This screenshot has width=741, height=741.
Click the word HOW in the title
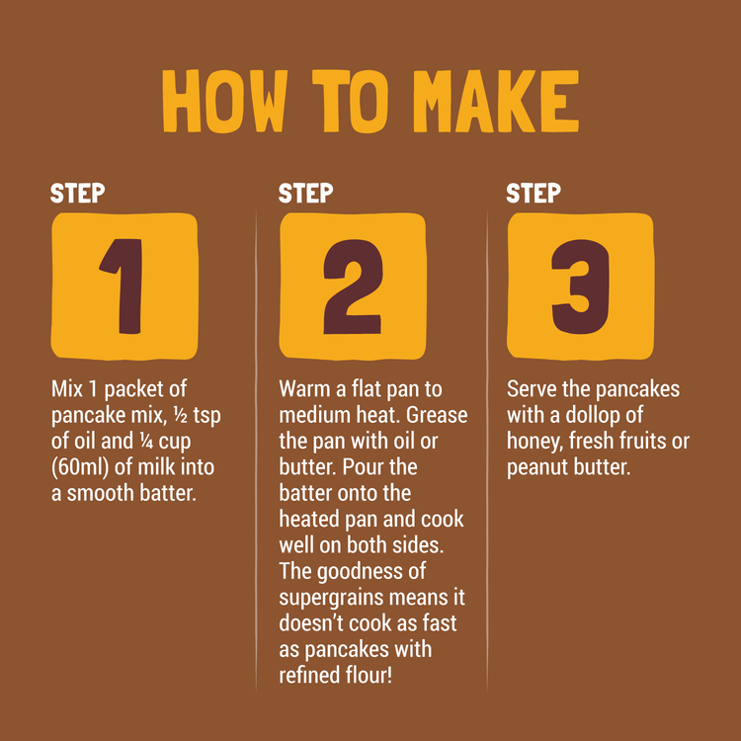pyautogui.click(x=225, y=101)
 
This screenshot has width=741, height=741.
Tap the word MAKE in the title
pyautogui.click(x=496, y=101)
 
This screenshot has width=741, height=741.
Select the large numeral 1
pyautogui.click(x=122, y=287)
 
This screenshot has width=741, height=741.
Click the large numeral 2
pyautogui.click(x=353, y=287)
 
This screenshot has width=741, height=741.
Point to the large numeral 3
pyautogui.click(x=581, y=287)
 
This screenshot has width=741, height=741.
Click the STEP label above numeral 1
pyautogui.click(x=77, y=194)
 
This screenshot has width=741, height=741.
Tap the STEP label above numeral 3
pyautogui.click(x=534, y=194)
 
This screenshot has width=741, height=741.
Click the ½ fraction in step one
pyautogui.click(x=181, y=415)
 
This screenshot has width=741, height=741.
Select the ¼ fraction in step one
pyautogui.click(x=146, y=442)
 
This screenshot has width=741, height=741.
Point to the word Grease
pyautogui.click(x=437, y=415)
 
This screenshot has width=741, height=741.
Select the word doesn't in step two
pyautogui.click(x=310, y=623)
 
